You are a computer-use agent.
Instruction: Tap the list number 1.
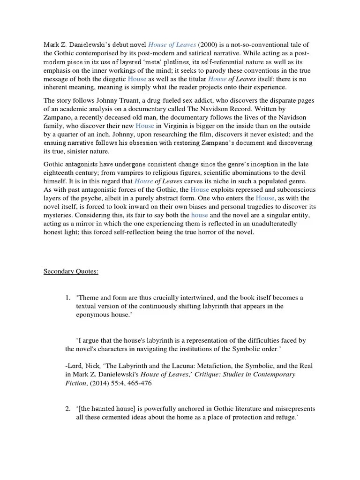coord(68,297)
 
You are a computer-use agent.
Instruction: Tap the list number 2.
coord(68,408)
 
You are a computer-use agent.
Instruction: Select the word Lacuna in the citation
coord(153,366)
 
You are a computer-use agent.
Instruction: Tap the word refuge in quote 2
coord(280,417)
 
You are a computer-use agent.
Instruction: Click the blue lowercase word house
coord(200,215)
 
